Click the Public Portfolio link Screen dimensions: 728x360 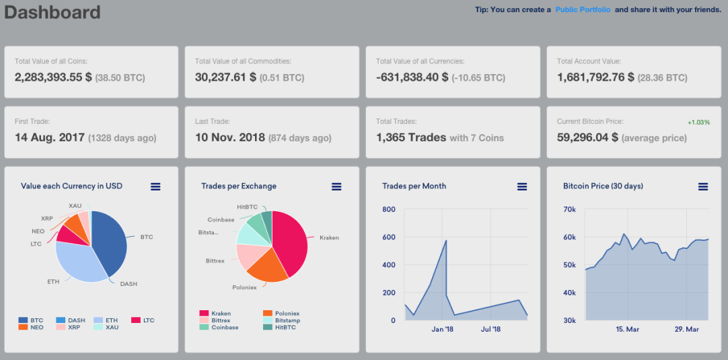(x=583, y=9)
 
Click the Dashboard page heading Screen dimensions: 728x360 (x=52, y=13)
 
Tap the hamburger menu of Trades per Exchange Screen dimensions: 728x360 (x=336, y=187)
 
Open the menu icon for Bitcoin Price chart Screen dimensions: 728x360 (x=703, y=187)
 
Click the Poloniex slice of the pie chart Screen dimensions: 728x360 (x=267, y=268)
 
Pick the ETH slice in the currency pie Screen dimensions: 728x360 (x=77, y=262)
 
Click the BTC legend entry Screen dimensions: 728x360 (x=31, y=320)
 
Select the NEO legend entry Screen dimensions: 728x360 (x=31, y=327)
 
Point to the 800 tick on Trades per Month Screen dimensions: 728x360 (x=389, y=209)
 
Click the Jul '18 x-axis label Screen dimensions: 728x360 (x=491, y=329)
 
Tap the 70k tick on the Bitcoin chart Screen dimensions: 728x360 (x=570, y=209)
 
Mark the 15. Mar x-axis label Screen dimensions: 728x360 (x=627, y=329)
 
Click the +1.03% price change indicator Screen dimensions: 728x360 (x=699, y=122)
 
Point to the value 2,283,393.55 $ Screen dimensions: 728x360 (x=53, y=77)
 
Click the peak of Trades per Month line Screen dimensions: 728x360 (x=446, y=240)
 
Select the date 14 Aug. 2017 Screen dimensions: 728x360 (x=50, y=137)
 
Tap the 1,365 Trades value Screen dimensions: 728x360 (x=411, y=137)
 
